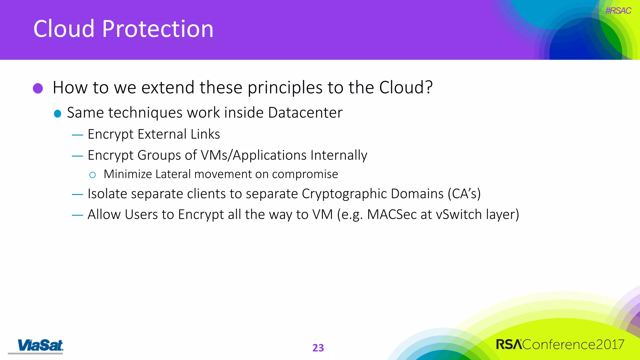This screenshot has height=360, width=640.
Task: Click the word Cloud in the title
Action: coord(64,29)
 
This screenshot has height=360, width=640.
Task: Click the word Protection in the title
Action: coord(158,29)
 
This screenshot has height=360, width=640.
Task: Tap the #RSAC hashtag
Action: coord(618,11)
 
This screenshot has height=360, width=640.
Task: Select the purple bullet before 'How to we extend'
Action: coord(38,88)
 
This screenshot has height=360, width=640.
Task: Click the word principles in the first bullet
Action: coord(285,87)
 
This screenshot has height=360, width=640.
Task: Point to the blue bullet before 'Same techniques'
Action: coord(57,113)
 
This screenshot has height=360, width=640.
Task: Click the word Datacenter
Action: coord(305,112)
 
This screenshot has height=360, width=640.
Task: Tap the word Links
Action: coord(205,134)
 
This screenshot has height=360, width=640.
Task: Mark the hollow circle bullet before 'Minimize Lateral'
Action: coord(92,175)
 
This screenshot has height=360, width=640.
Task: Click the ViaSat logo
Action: coord(40,346)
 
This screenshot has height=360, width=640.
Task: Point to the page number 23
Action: coord(318,347)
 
